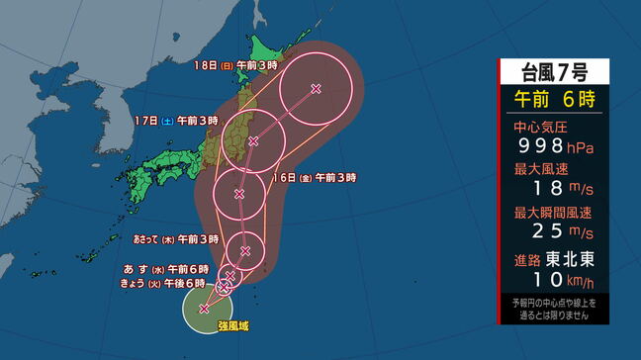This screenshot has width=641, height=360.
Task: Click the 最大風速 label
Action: [539, 169]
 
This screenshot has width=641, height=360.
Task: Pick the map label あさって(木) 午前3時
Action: [176, 239]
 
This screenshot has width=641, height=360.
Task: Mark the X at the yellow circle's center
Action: [205, 309]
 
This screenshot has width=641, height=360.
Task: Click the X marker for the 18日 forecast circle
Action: [316, 89]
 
